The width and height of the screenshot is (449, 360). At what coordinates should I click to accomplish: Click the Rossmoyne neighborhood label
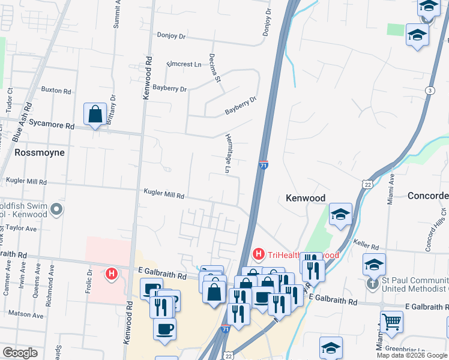[39, 152]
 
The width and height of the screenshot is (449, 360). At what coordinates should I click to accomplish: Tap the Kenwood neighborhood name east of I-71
[305, 198]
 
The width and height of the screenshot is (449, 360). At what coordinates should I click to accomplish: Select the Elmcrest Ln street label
[184, 64]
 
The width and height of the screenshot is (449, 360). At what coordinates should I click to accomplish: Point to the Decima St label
[216, 70]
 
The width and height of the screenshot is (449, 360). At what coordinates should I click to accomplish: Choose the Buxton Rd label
[56, 90]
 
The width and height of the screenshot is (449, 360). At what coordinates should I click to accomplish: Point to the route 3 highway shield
[430, 90]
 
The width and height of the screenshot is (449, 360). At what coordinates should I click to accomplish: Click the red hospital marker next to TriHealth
[259, 254]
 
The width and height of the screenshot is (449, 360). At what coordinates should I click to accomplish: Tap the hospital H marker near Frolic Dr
[111, 274]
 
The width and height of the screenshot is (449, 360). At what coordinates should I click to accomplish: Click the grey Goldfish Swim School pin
[56, 209]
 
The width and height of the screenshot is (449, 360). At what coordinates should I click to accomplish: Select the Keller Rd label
[366, 247]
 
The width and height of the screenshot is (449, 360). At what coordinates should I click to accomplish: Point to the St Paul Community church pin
[373, 284]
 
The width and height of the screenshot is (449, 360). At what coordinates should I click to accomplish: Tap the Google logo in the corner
[20, 353]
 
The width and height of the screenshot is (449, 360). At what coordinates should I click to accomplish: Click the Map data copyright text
[412, 355]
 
